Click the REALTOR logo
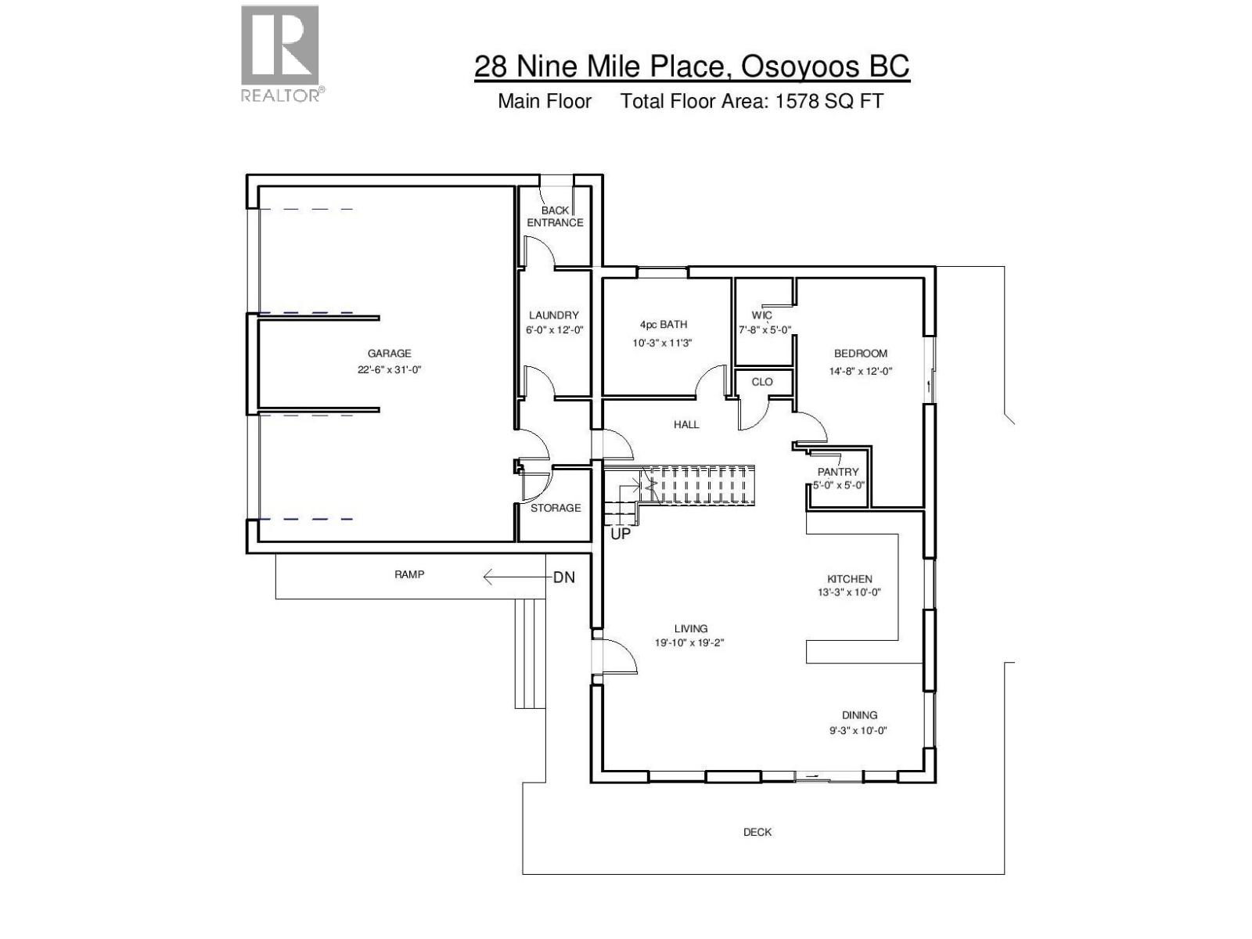point(281,53)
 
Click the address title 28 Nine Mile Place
point(691,66)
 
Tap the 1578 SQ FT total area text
point(829,101)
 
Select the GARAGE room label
point(389,354)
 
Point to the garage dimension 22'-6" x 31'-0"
point(389,370)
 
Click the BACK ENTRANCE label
point(555,217)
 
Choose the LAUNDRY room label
point(554,315)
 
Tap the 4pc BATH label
point(664,325)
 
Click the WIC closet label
point(761,315)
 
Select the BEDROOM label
point(861,354)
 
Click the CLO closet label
point(762,382)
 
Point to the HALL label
point(686,424)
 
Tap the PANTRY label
point(838,472)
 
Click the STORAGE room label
point(556,508)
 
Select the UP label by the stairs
point(620,535)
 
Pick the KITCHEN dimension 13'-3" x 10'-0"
point(849,592)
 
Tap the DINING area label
point(859,714)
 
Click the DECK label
point(757,832)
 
